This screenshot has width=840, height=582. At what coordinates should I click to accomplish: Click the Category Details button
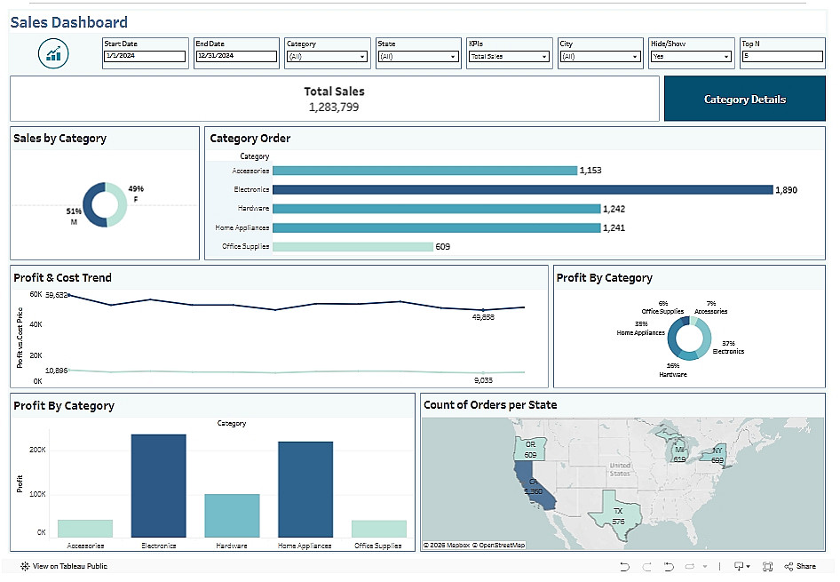(x=744, y=99)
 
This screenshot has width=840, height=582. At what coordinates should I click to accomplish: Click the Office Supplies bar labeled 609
(x=353, y=246)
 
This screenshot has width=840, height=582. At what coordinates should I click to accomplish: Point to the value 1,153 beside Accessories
(x=590, y=170)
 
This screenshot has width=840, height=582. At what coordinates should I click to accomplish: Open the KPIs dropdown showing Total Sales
(x=510, y=56)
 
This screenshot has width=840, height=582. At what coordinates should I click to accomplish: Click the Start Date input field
(x=145, y=56)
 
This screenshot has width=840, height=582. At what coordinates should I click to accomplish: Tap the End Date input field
(x=236, y=56)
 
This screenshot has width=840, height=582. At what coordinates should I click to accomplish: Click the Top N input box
(x=782, y=56)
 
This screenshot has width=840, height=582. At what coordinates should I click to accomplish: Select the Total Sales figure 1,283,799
(x=334, y=107)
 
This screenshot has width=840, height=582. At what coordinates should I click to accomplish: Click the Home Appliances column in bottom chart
(x=305, y=489)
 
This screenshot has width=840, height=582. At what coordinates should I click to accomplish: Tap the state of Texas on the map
(x=618, y=513)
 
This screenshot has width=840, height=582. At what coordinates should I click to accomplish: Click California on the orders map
(x=536, y=489)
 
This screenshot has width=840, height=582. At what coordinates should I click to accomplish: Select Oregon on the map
(x=530, y=450)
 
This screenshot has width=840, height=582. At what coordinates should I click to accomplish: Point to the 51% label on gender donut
(x=73, y=211)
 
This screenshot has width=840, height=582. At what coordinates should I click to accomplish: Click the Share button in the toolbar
(x=800, y=566)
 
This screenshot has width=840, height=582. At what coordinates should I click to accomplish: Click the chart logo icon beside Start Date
(x=54, y=54)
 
